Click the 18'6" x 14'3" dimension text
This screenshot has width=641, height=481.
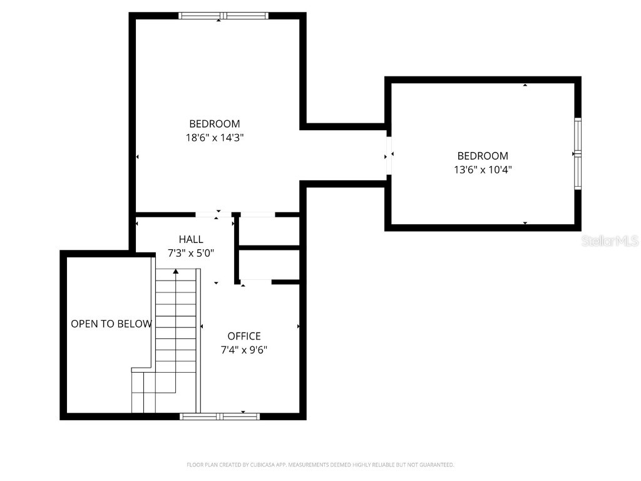(x=214, y=138)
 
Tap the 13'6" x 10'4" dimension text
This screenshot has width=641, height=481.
(x=482, y=169)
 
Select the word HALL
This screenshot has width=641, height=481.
(x=191, y=239)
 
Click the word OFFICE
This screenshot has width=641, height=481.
(x=244, y=336)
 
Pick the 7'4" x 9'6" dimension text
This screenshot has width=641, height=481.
(x=244, y=350)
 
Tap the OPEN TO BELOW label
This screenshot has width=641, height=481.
(x=111, y=324)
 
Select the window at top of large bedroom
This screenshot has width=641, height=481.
(x=223, y=16)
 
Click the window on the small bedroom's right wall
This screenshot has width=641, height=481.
(x=578, y=153)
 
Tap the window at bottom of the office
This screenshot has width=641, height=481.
(x=219, y=416)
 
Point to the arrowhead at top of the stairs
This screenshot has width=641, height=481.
(x=176, y=271)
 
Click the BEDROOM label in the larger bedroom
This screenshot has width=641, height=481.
(x=214, y=124)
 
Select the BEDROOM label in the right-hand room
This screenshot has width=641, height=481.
(x=482, y=156)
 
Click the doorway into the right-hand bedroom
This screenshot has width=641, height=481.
(x=389, y=155)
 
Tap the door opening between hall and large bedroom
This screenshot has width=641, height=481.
(x=213, y=215)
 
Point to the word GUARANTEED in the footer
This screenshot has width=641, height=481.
(x=434, y=465)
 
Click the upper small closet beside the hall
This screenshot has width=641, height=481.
(x=270, y=232)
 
